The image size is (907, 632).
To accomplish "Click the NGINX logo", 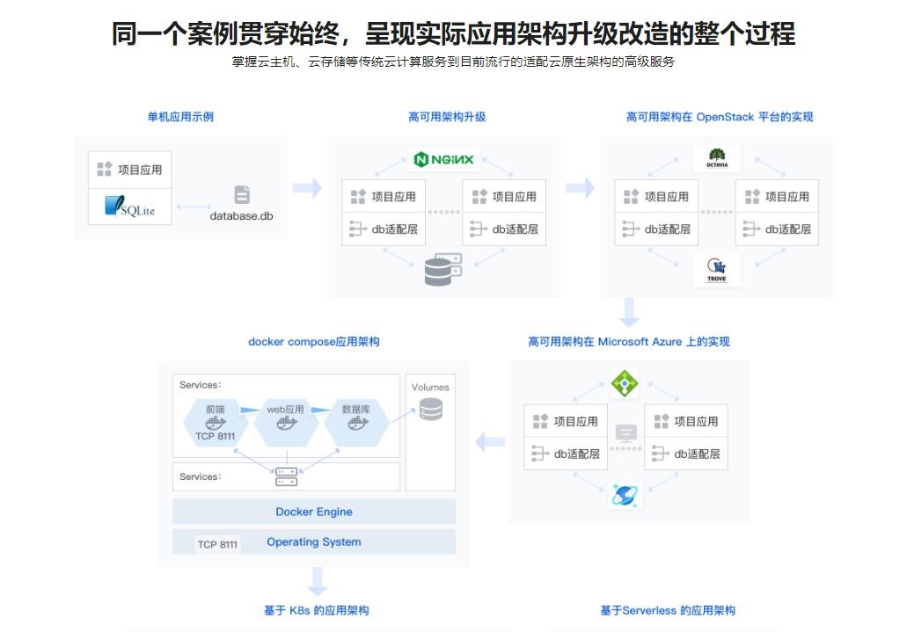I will tap(444, 159).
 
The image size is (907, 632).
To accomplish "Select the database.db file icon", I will tap(242, 195).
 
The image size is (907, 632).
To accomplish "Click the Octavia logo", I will tap(716, 158).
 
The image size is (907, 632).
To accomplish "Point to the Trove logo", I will tap(716, 270).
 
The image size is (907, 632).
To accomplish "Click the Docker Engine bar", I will tap(314, 512).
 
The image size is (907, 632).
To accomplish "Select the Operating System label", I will tap(314, 542).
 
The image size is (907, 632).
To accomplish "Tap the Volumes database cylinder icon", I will tap(430, 409).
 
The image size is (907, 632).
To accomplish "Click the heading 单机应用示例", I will tap(180, 117).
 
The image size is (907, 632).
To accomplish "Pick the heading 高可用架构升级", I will tap(447, 117).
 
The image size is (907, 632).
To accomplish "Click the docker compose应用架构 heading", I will tap(314, 341).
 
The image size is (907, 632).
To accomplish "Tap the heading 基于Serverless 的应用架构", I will tap(668, 610).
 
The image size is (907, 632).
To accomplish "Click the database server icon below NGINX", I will tap(443, 270).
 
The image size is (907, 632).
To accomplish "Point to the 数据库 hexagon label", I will tap(355, 409).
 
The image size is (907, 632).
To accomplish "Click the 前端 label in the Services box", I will tap(216, 409).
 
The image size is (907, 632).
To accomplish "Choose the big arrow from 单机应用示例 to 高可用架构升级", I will tap(307, 188).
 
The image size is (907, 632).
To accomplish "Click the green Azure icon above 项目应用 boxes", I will tap(625, 383).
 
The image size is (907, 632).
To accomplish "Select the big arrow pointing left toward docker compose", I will tap(490, 442).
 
